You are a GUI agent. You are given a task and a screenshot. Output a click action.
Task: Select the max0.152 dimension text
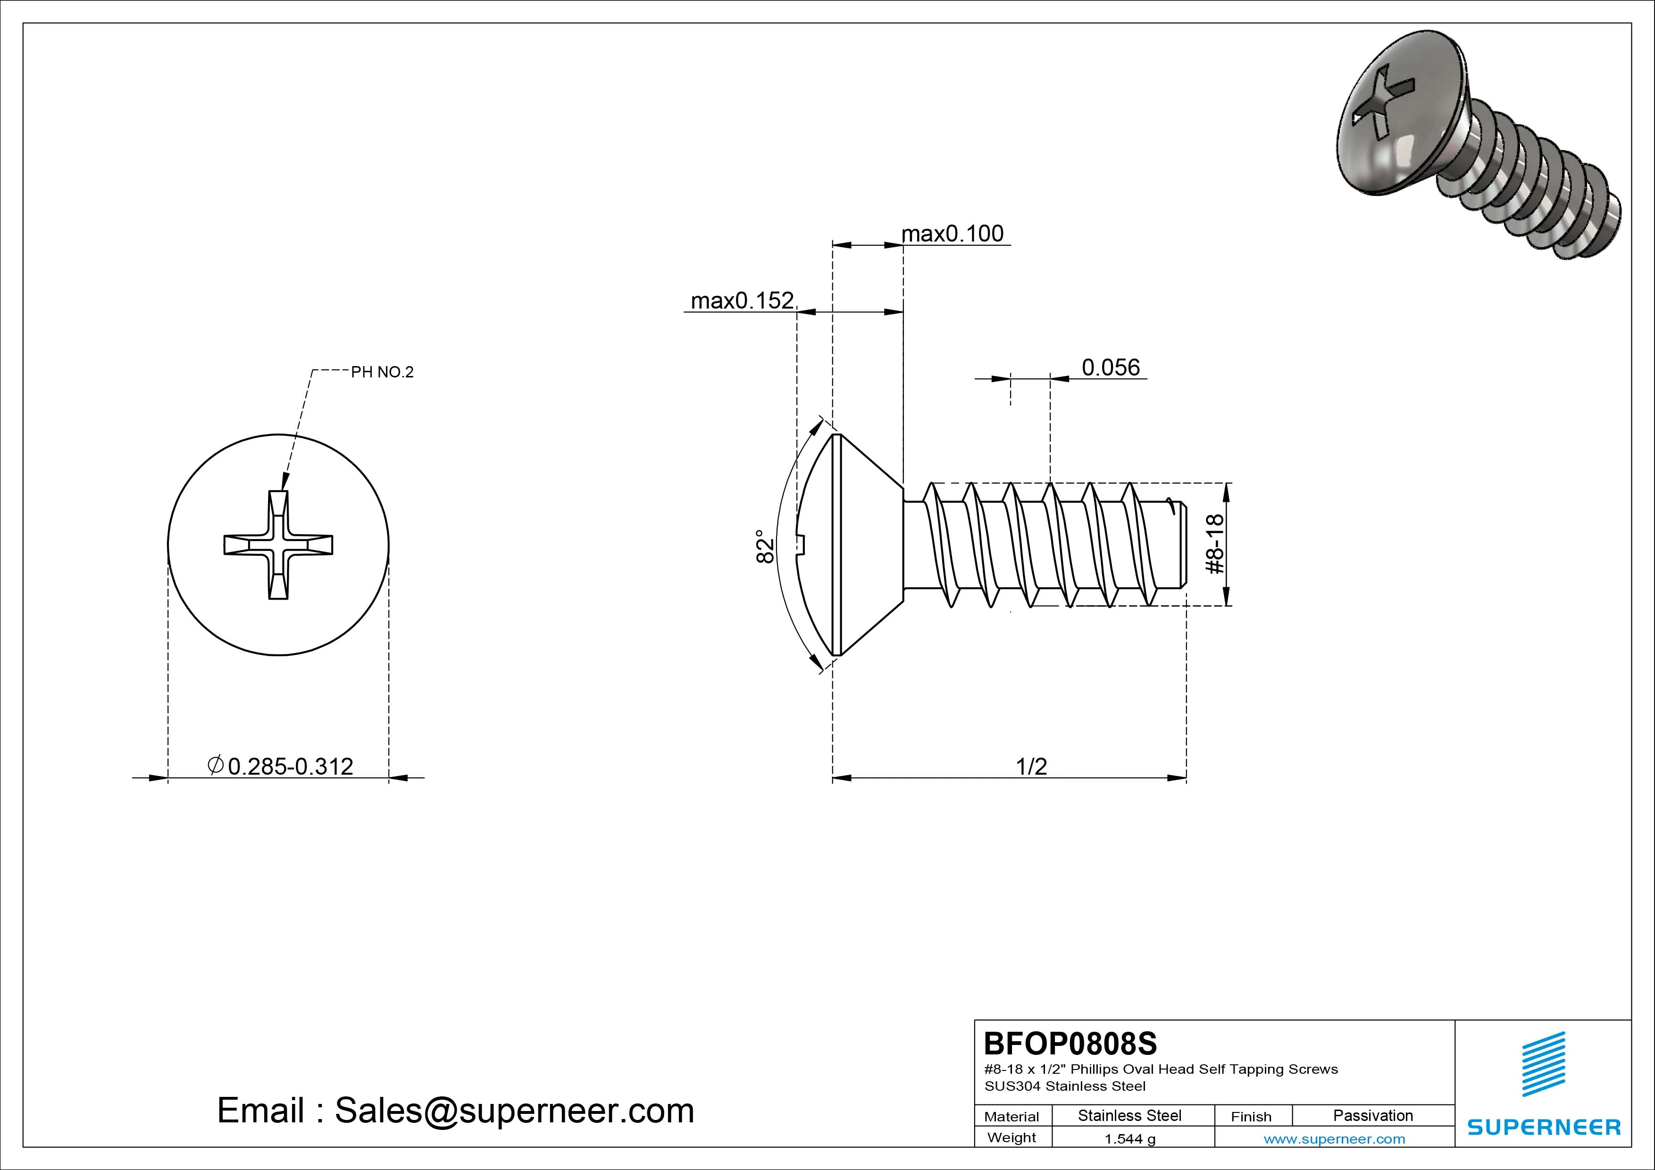[x=743, y=301]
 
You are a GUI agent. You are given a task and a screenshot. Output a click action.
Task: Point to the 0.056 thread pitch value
[x=1111, y=368]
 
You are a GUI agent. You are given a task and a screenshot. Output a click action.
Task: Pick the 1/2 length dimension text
[x=1031, y=766]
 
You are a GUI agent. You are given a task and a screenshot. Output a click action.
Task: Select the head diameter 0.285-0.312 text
[x=290, y=766]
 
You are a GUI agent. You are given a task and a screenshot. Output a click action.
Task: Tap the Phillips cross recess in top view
[x=278, y=545]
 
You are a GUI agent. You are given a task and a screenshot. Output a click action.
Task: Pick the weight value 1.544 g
[x=1129, y=1139]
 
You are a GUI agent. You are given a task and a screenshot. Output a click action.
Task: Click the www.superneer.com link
[x=1334, y=1139]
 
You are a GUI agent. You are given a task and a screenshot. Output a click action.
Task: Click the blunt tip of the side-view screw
[x=1184, y=546]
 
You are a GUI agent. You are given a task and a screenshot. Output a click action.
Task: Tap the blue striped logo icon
[x=1543, y=1063]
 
